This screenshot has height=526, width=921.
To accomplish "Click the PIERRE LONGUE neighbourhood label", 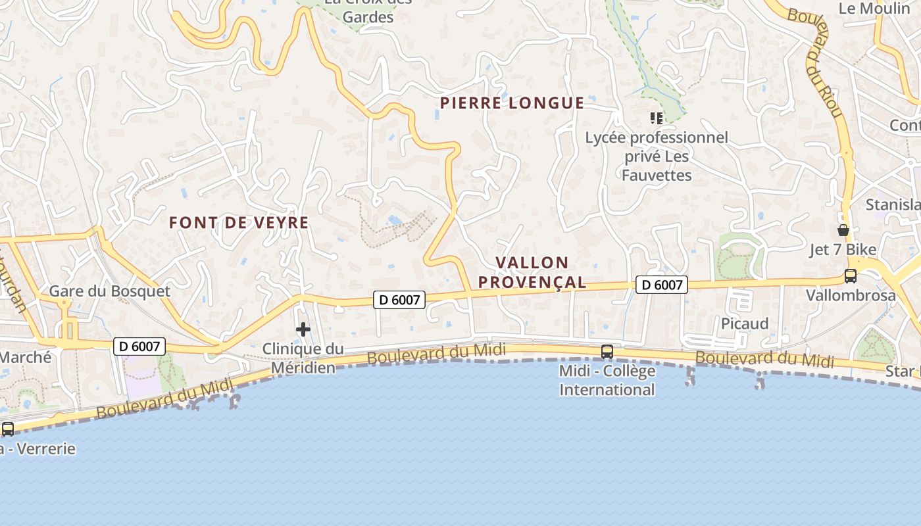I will [512, 103].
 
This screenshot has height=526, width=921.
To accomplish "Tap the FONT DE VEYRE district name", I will [239, 223].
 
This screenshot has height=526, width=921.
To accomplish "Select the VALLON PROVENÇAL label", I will [532, 272].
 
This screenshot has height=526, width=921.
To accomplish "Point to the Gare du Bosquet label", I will [110, 291].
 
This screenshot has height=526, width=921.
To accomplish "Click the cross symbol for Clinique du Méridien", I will [303, 329].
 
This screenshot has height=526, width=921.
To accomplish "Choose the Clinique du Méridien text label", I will [303, 358].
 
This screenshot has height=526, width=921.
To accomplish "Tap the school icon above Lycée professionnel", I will [656, 118].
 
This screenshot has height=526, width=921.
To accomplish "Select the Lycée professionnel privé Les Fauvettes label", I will [657, 156].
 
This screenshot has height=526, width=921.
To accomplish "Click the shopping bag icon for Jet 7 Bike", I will [843, 230].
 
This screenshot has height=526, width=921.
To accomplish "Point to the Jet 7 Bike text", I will [843, 250].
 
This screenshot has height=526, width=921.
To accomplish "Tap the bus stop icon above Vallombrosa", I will [851, 276].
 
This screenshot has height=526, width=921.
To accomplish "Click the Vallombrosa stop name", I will [851, 295].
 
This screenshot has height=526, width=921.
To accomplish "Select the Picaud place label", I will [745, 323].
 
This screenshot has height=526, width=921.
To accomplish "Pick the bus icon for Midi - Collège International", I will [607, 352].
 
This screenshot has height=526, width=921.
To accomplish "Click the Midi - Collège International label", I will [607, 380].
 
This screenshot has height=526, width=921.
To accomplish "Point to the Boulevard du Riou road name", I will [816, 62].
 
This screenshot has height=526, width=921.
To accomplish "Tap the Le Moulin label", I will [874, 9].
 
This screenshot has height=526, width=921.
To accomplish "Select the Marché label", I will [25, 358].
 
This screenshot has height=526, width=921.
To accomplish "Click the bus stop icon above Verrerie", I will [8, 429].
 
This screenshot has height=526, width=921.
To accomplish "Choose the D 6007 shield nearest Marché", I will [139, 347].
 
